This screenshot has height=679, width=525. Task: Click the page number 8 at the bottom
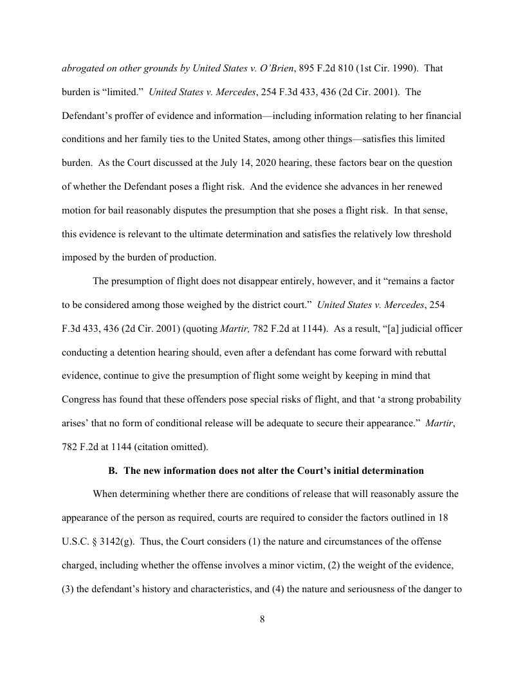[262, 620]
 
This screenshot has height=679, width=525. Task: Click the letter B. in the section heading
[113, 471]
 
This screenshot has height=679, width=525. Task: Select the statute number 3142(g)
[109, 541]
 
